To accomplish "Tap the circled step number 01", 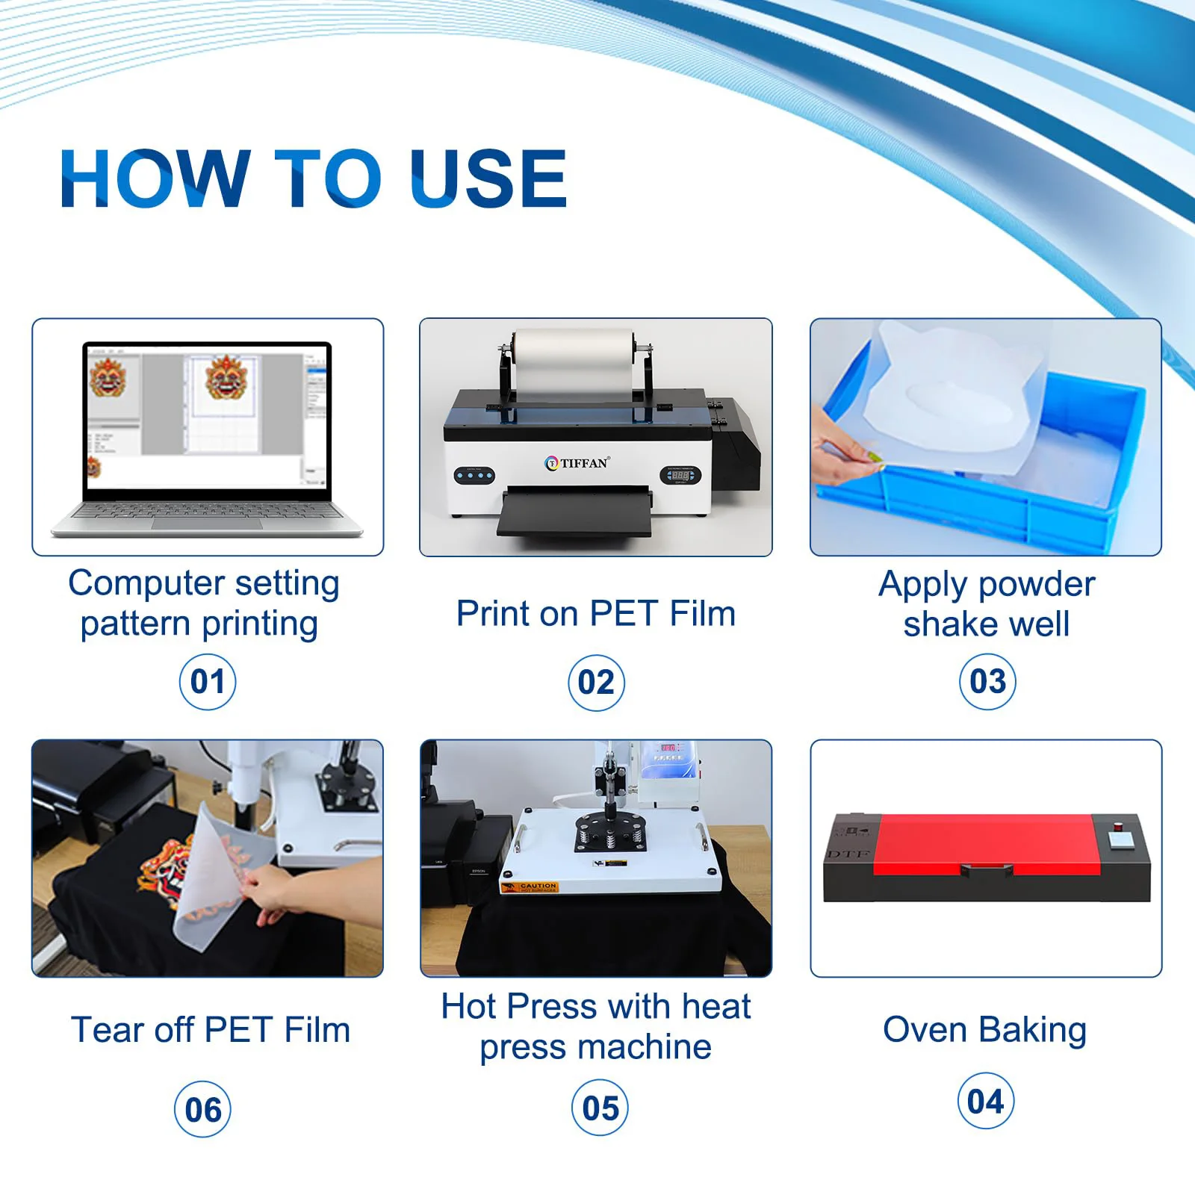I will [x=208, y=681].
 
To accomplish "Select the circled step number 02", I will [x=596, y=682].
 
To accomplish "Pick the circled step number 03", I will [x=987, y=681].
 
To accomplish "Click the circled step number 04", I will [x=985, y=1101].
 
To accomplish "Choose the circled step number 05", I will [x=600, y=1108].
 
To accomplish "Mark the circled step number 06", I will [x=203, y=1109].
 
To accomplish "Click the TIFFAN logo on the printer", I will [x=578, y=463].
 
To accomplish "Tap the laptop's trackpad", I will [x=207, y=524].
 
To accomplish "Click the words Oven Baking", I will [x=984, y=1030].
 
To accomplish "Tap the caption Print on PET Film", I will [x=596, y=614].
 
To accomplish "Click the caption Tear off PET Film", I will [x=211, y=1030].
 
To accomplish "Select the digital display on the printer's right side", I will [x=680, y=475].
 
